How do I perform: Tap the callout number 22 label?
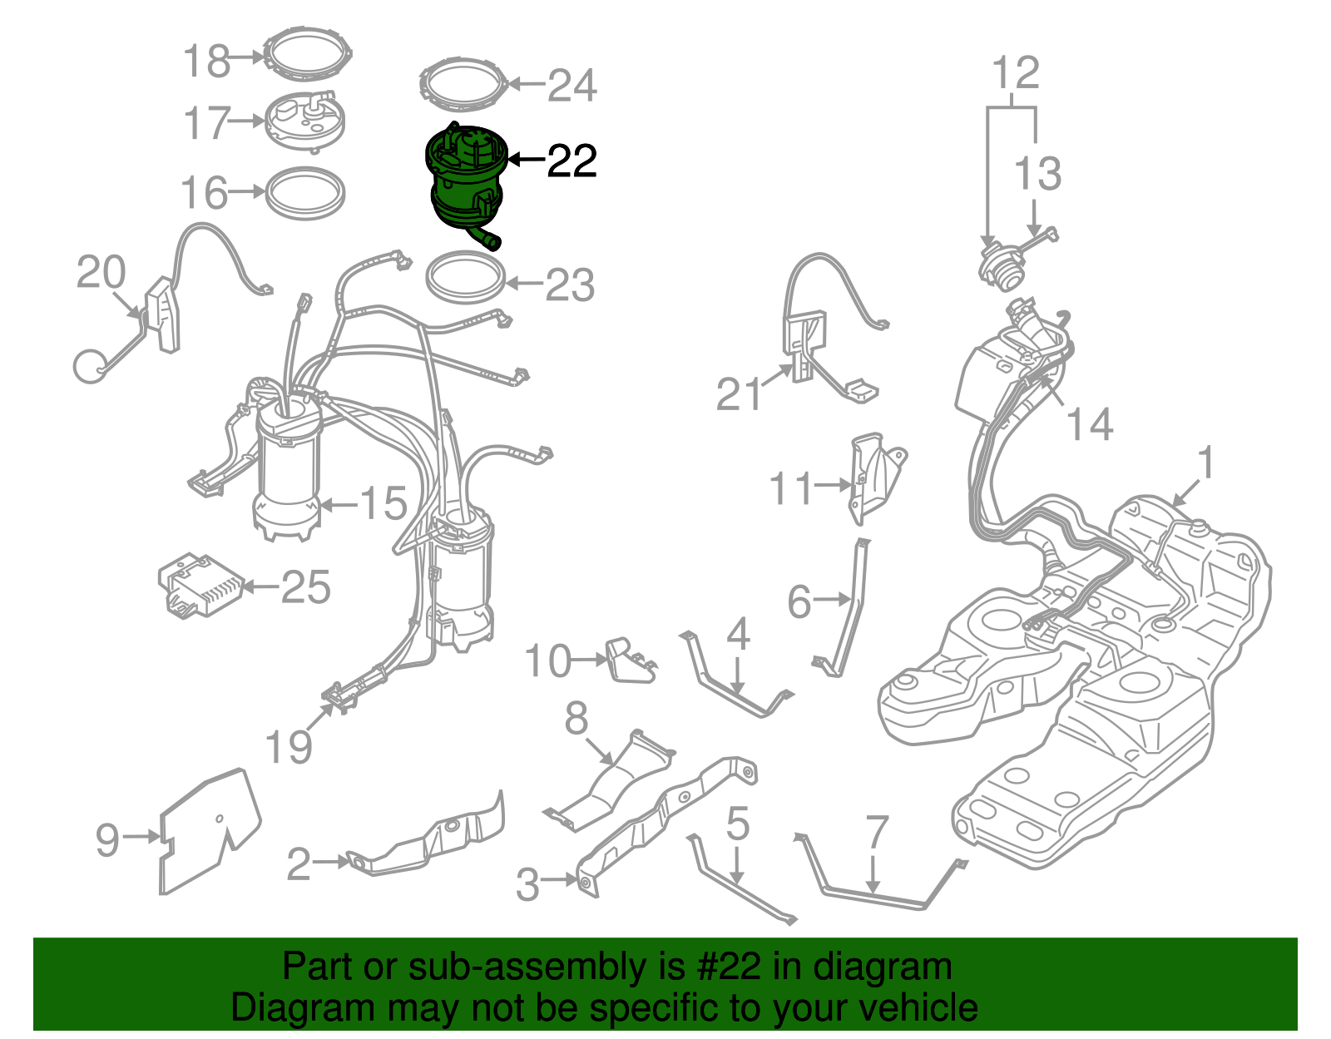572,161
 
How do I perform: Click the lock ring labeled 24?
463,83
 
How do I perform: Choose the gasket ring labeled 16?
304,193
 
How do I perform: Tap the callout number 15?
383,503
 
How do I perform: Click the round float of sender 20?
90,366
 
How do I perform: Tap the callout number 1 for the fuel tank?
1205,463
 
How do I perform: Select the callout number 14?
1090,424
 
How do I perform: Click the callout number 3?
527,884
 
